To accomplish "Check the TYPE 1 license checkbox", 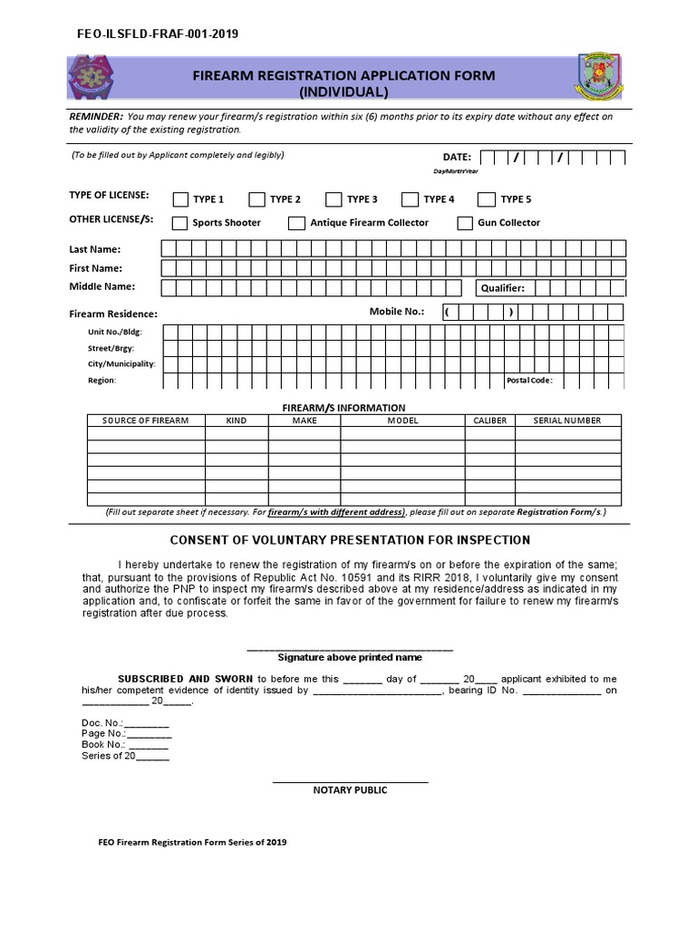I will [180, 199].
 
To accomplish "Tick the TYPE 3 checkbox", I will [334, 199].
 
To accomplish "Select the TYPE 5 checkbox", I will [487, 199].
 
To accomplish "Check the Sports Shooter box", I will [180, 223].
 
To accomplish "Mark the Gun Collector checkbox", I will [465, 223].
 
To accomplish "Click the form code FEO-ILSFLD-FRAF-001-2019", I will [159, 34].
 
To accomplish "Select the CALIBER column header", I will [490, 420].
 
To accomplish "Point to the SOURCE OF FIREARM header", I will [145, 420].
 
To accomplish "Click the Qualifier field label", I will [502, 288].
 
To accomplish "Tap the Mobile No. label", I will [396, 311].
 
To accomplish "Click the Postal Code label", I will [529, 381].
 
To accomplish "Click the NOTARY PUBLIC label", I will [350, 790].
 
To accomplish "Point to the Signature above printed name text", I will [350, 657].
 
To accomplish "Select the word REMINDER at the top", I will [96, 117].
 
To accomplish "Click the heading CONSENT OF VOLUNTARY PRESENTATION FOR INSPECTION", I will [349, 540].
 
